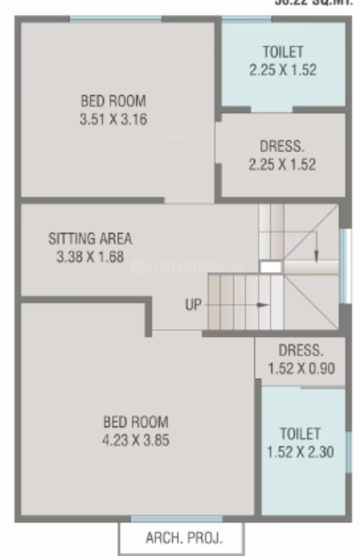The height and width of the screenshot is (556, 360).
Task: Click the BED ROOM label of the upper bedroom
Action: [113, 101]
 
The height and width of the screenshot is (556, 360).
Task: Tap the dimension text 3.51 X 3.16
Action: [113, 117]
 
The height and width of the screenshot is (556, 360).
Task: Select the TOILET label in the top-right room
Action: [284, 52]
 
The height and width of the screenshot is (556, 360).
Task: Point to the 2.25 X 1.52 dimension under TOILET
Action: [284, 68]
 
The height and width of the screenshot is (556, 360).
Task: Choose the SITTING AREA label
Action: [90, 238]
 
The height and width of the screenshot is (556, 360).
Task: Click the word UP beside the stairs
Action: [194, 305]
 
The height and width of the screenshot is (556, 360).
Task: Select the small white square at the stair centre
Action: [270, 265]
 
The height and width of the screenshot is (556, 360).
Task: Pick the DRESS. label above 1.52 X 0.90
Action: [300, 351]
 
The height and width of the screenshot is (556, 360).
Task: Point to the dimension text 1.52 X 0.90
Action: [300, 367]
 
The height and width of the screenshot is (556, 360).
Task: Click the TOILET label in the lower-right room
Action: [300, 433]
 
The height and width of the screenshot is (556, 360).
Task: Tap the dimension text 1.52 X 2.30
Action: [300, 451]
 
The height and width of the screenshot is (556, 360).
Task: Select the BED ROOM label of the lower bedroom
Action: [135, 421]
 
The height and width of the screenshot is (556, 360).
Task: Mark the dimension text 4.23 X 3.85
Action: [135, 438]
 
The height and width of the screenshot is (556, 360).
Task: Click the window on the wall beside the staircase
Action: [343, 263]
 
